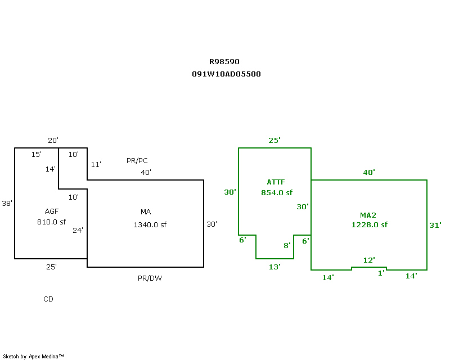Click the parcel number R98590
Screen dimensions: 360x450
224,62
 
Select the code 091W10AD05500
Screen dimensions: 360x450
226,74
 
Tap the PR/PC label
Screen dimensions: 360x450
137,161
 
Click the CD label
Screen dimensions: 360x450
48,299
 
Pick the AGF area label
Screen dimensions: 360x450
52,211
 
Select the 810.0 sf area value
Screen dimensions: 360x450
52,222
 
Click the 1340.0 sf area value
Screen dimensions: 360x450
150,225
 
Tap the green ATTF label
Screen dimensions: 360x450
276,182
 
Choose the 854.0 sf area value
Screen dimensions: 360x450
277,192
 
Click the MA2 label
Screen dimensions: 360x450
368,215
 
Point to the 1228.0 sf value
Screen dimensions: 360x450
369,225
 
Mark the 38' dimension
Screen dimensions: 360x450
7,203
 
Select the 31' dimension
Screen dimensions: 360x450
435,225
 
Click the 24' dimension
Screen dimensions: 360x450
78,230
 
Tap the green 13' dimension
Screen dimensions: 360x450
274,267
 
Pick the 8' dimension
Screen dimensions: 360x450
286,245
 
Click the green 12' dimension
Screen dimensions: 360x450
369,260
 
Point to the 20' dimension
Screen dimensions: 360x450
53,141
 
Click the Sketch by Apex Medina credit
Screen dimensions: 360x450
33,356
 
